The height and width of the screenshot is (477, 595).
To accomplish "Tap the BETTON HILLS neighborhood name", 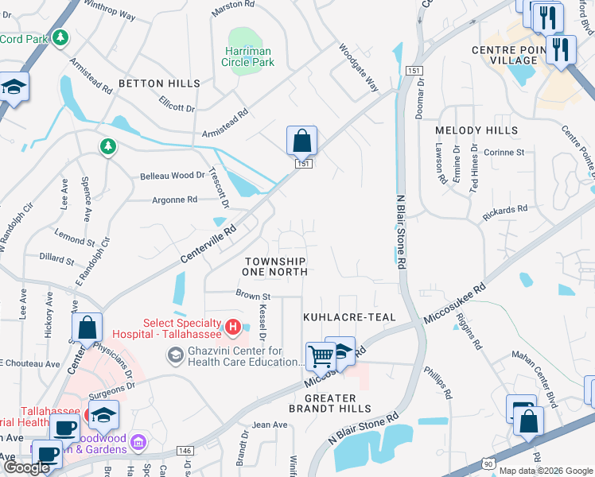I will click(x=159, y=83).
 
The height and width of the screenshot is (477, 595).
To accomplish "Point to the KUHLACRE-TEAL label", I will click(x=349, y=317).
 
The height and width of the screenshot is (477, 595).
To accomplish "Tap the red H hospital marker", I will click(x=232, y=326).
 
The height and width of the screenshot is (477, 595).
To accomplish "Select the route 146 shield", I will click(x=185, y=451).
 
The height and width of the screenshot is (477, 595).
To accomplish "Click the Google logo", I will click(x=26, y=467).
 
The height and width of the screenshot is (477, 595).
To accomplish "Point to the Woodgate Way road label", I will click(x=359, y=68).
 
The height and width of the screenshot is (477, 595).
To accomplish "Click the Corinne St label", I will click(x=507, y=152).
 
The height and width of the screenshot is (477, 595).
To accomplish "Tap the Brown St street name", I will click(x=253, y=296).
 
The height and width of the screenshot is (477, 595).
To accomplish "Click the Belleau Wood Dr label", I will click(x=172, y=176).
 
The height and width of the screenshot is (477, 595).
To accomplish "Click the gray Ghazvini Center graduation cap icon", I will click(x=174, y=355).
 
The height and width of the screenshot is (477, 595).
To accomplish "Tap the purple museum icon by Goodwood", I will click(x=138, y=440).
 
